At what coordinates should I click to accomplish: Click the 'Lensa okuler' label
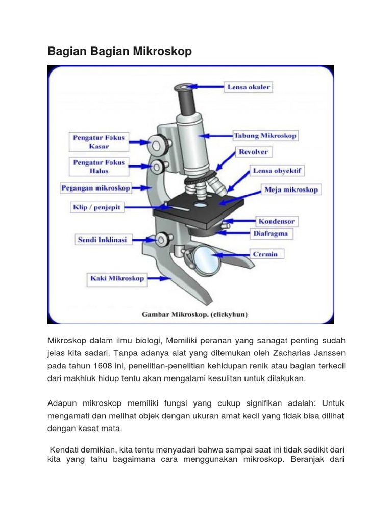[x=248, y=87]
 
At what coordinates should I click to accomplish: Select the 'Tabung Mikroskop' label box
[x=265, y=136]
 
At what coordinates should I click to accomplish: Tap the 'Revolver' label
[x=253, y=152]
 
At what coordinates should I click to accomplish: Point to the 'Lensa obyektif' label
[x=277, y=171]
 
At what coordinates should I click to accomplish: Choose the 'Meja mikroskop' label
[x=291, y=189]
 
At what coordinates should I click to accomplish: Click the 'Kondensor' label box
[x=277, y=222]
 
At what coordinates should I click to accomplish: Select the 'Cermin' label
[x=265, y=254]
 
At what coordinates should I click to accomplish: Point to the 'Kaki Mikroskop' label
[x=117, y=279]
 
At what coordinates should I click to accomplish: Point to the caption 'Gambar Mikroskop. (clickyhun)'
[x=194, y=315]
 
